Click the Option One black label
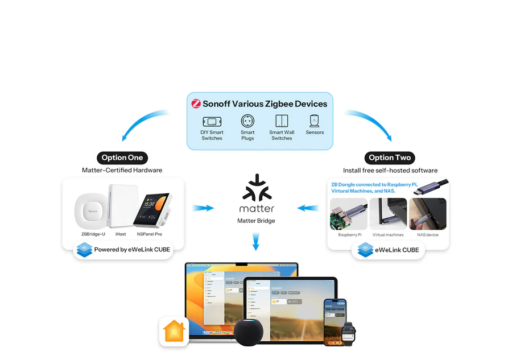(x=122, y=158)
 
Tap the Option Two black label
(x=390, y=158)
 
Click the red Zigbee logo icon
(x=196, y=104)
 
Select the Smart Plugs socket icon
(x=247, y=121)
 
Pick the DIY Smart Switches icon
(x=212, y=121)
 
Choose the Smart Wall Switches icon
(x=282, y=121)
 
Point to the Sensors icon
(x=315, y=121)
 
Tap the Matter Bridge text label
(x=256, y=221)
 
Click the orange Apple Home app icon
(x=174, y=331)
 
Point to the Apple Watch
(x=349, y=332)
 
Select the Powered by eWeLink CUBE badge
(x=123, y=250)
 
